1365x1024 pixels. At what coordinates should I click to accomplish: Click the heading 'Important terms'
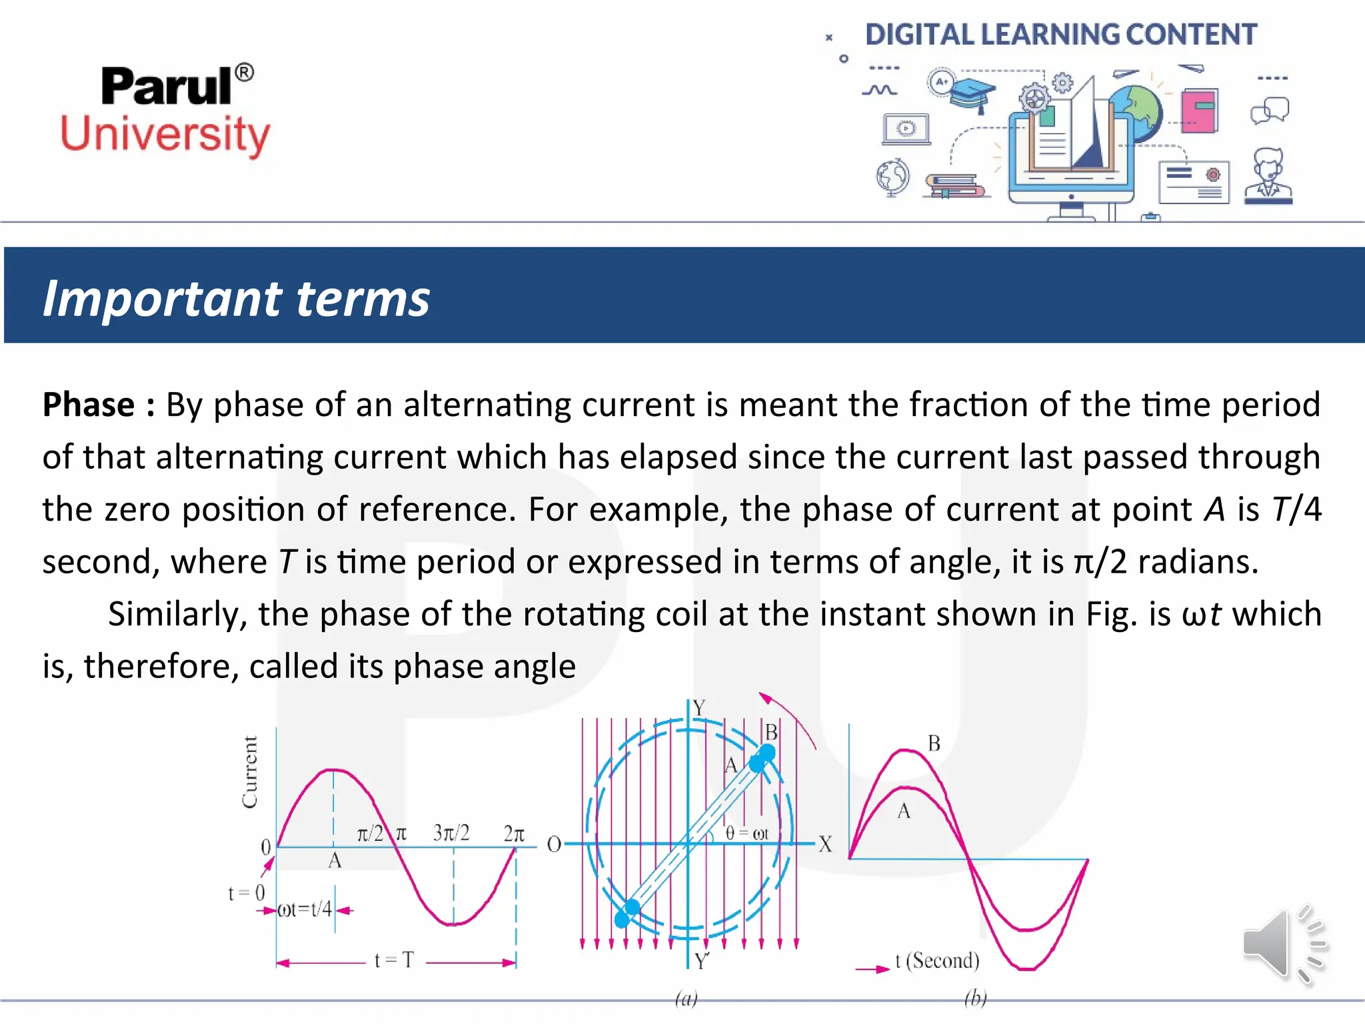tap(236, 298)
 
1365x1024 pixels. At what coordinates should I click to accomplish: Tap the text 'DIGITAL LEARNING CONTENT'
tap(1060, 35)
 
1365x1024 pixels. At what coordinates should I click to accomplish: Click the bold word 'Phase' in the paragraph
tap(89, 405)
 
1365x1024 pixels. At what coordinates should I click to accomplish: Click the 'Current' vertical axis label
tap(250, 772)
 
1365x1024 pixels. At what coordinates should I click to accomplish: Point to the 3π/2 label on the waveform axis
tap(451, 833)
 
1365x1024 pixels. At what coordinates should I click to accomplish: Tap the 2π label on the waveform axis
tap(514, 833)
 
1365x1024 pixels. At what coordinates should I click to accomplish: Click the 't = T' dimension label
tap(394, 960)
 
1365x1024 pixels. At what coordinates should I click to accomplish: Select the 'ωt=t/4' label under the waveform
tap(304, 909)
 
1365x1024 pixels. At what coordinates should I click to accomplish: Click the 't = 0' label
tap(247, 893)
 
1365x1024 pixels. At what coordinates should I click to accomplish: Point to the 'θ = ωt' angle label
tap(746, 833)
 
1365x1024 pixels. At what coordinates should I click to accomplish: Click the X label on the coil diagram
tap(825, 845)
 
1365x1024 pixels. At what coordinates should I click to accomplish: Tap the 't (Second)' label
tap(937, 961)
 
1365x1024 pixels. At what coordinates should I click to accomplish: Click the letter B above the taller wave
tap(934, 743)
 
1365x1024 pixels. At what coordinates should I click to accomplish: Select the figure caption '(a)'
tap(686, 998)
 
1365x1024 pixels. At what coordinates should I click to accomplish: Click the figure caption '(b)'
tap(975, 998)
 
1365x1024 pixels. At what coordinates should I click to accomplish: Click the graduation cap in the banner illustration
tap(972, 94)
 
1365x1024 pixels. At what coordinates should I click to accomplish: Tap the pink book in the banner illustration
tap(1200, 111)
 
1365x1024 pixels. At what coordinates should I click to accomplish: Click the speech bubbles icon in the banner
tap(1270, 111)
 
